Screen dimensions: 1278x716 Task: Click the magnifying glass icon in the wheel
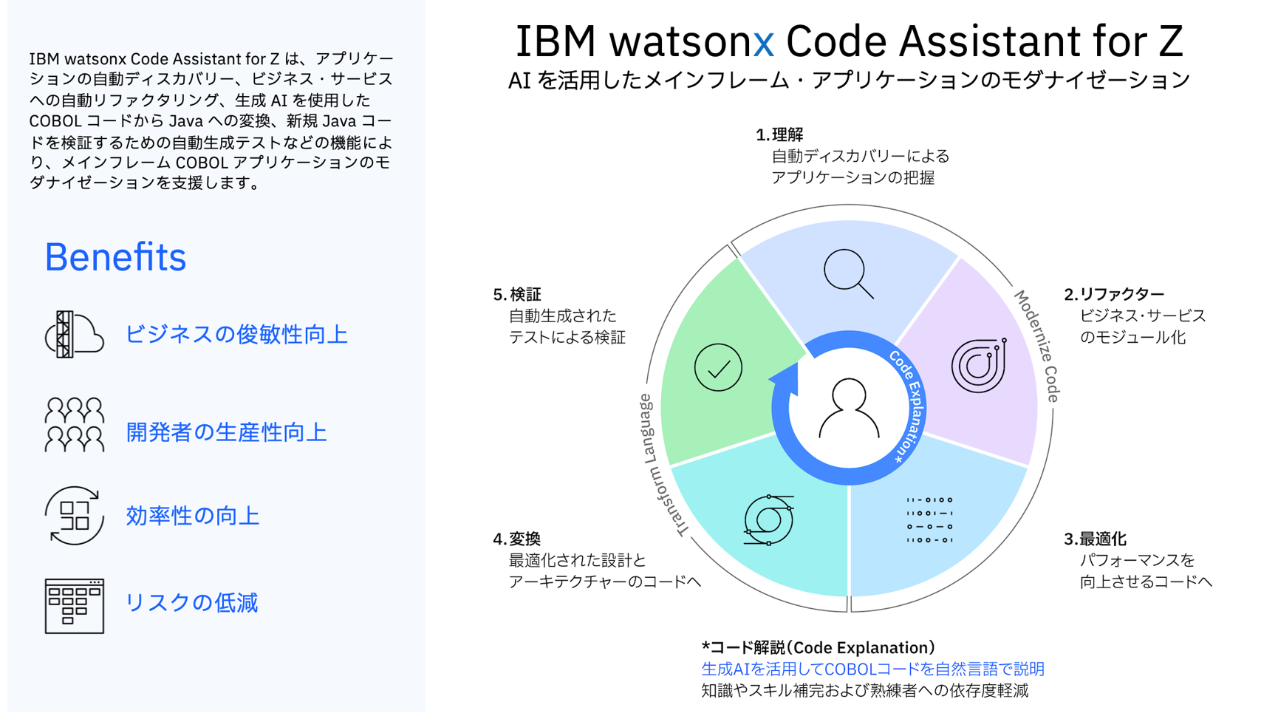pyautogui.click(x=848, y=273)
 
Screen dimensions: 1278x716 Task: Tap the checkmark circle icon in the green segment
pyautogui.click(x=718, y=367)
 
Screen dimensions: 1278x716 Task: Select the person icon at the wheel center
pyautogui.click(x=849, y=408)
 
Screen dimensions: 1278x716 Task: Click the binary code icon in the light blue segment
pyautogui.click(x=929, y=520)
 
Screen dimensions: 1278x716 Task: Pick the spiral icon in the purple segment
pyautogui.click(x=979, y=365)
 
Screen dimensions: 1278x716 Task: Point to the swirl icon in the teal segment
pyautogui.click(x=768, y=520)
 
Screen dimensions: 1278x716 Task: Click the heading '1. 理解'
pyautogui.click(x=779, y=134)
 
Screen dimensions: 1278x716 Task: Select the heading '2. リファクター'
pyautogui.click(x=1114, y=294)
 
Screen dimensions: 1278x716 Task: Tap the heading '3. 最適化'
pyautogui.click(x=1095, y=539)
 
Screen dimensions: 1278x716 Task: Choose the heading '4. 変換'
pyautogui.click(x=517, y=539)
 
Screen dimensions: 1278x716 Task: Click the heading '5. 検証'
pyautogui.click(x=517, y=294)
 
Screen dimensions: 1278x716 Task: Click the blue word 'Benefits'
pyautogui.click(x=115, y=257)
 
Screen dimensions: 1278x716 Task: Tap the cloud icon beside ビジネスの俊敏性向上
pyautogui.click(x=74, y=335)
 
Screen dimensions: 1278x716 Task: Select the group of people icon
pyautogui.click(x=74, y=424)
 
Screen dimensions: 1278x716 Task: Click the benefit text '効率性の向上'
pyautogui.click(x=193, y=516)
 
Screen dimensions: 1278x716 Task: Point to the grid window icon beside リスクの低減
pyautogui.click(x=74, y=606)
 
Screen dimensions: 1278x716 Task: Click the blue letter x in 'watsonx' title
pyautogui.click(x=764, y=42)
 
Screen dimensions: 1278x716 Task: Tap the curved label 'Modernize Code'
pyautogui.click(x=1036, y=346)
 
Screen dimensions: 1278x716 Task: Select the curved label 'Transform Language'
pyautogui.click(x=660, y=466)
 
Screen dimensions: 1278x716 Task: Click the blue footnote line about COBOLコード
pyautogui.click(x=872, y=669)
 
